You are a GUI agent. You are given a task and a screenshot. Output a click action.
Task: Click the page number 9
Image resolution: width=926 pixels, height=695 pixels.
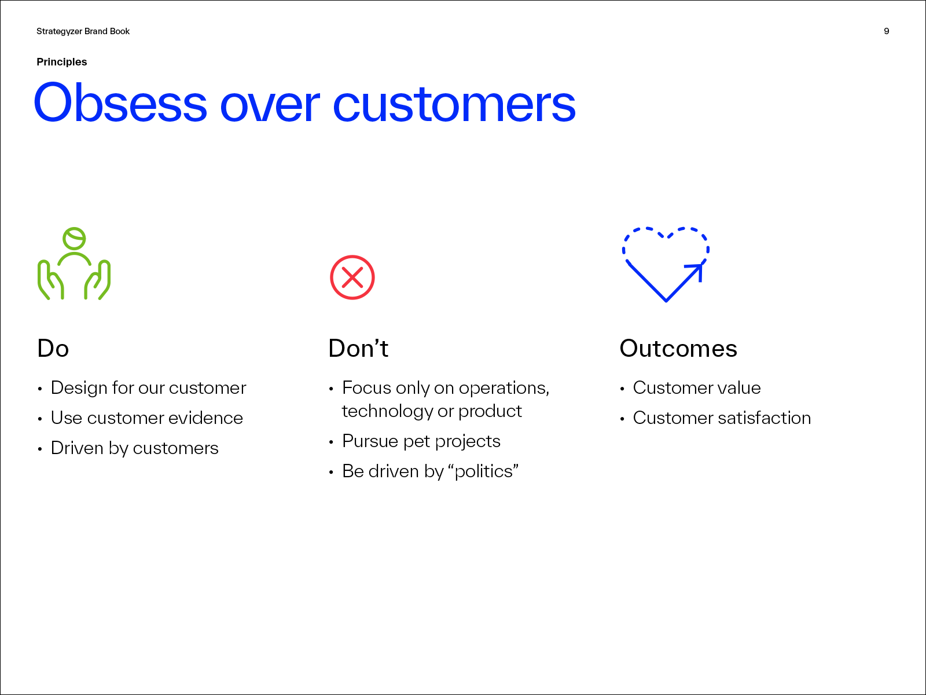pyautogui.click(x=886, y=31)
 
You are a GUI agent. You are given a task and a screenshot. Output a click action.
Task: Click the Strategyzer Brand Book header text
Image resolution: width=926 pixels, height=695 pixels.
pyautogui.click(x=83, y=32)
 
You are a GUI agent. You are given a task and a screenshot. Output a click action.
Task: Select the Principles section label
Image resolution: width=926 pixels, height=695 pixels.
pyautogui.click(x=61, y=62)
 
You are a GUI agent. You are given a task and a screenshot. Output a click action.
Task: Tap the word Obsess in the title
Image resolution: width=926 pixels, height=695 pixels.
pyautogui.click(x=120, y=103)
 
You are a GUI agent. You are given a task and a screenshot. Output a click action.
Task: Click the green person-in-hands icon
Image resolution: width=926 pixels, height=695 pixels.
pyautogui.click(x=74, y=264)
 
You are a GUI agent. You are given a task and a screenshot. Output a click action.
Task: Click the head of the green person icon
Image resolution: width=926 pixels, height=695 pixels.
pyautogui.click(x=74, y=239)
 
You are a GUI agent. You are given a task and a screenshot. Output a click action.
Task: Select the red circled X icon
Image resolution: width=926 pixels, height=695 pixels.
pyautogui.click(x=352, y=277)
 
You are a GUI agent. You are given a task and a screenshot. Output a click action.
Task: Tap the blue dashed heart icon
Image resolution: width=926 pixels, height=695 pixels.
pyautogui.click(x=666, y=264)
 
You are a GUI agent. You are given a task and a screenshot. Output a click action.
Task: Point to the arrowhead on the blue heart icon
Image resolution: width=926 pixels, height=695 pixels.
pyautogui.click(x=696, y=270)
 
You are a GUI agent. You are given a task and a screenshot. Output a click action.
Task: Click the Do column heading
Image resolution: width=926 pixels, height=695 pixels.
pyautogui.click(x=53, y=349)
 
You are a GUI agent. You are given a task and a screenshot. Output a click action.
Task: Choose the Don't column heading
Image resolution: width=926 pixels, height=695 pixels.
pyautogui.click(x=358, y=349)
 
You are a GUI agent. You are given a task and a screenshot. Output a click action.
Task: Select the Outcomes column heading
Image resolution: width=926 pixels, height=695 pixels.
pyautogui.click(x=678, y=349)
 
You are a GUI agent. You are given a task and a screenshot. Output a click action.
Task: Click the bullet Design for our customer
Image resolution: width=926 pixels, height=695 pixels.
pyautogui.click(x=148, y=388)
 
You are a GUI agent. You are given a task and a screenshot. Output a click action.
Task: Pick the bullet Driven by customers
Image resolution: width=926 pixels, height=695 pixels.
pyautogui.click(x=135, y=448)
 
